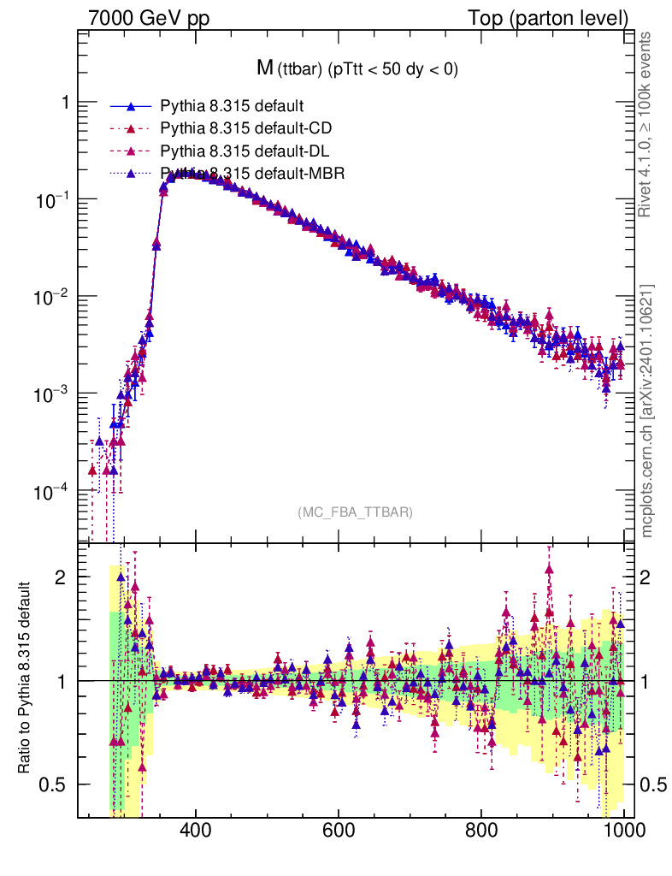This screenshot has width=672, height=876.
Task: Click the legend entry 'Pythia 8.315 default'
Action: coord(232,107)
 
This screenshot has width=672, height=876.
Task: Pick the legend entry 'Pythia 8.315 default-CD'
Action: coord(245,129)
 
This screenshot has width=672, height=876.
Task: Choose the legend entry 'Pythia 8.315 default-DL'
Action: coord(245,151)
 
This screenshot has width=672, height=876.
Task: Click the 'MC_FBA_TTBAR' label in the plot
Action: coord(356,512)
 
